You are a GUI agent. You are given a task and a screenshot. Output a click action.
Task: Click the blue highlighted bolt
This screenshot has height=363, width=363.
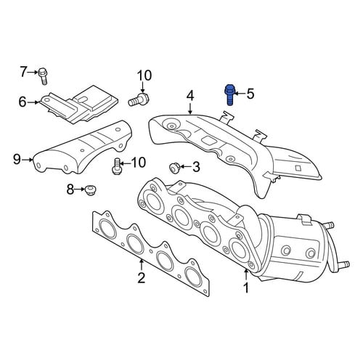click(229, 94)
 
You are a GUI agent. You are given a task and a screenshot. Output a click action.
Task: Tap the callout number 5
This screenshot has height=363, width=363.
click(250, 94)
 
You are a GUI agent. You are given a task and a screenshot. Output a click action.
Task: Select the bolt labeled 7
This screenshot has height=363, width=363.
click(43, 76)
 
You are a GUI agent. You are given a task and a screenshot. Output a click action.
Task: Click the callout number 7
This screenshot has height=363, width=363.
click(23, 72)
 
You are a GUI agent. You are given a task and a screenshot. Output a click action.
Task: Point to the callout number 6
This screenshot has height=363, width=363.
click(23, 102)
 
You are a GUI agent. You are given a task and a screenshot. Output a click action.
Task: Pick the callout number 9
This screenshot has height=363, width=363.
click(17, 160)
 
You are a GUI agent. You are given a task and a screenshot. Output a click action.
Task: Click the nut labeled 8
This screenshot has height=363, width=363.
click(90, 189)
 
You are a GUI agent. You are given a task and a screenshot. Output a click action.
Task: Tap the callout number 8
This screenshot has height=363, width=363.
click(70, 189)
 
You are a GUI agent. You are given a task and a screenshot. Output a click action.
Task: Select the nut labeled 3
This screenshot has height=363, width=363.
click(174, 168)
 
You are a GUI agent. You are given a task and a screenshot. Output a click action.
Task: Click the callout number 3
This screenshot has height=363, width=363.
click(196, 167)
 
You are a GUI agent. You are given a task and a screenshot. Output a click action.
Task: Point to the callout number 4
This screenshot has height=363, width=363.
click(190, 96)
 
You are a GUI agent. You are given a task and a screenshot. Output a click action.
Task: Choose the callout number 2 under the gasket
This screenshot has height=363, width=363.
click(141, 277)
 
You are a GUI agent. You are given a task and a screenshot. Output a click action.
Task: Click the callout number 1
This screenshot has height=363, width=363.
click(246, 287)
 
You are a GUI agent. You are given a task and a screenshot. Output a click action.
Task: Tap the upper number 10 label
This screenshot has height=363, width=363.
click(144, 76)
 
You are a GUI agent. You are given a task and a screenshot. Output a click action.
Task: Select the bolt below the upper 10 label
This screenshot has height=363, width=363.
click(139, 99)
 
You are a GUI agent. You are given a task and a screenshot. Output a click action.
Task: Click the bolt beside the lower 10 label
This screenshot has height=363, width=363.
click(116, 166)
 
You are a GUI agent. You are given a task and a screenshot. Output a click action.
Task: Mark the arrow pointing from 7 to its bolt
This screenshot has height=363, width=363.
click(33, 72)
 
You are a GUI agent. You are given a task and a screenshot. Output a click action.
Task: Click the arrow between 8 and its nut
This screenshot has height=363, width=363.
click(80, 189)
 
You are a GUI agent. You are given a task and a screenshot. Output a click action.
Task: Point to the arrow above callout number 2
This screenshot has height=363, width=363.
click(142, 265)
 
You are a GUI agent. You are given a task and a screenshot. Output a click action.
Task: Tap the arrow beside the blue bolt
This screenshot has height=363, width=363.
click(239, 93)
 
